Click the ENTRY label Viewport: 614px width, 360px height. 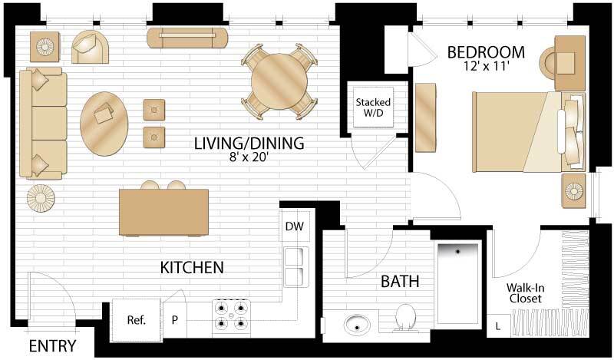(x=52, y=346)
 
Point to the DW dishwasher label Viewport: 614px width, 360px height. (x=294, y=226)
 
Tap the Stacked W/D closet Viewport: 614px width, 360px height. (x=372, y=108)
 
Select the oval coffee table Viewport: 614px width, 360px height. (x=104, y=123)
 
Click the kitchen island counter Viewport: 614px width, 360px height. (x=164, y=213)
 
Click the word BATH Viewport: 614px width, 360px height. (x=400, y=282)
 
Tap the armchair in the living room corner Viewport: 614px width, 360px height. (x=92, y=47)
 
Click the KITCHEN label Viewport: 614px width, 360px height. (x=191, y=268)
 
